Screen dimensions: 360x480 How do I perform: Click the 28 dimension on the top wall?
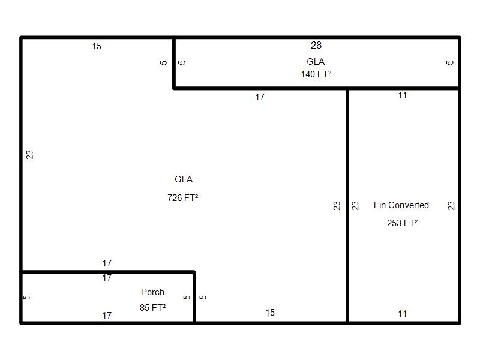[x=316, y=46]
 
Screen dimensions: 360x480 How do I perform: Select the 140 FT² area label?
[x=316, y=74]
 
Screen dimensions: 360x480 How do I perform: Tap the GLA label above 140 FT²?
[x=316, y=62]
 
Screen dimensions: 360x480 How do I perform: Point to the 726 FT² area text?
[x=183, y=197]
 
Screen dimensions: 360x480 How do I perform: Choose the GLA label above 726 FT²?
[x=184, y=179]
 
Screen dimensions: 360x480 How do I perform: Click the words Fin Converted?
[x=401, y=205]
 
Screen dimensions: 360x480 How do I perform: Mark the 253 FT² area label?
[x=403, y=223]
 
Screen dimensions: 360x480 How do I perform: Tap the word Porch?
[x=152, y=292]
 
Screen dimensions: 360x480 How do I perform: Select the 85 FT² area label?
[x=152, y=307]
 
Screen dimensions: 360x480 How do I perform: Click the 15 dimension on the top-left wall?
[x=97, y=46]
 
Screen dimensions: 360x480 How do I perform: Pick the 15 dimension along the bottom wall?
[x=270, y=313]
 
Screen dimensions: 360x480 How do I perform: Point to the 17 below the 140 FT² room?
[x=260, y=97]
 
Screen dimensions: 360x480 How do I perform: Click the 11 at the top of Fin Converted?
[x=403, y=95]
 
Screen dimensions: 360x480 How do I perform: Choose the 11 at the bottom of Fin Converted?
[x=403, y=314]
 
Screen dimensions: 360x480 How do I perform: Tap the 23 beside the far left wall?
[x=29, y=154]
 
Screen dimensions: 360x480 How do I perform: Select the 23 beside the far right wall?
[x=451, y=205]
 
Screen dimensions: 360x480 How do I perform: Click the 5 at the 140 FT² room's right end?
[x=451, y=62]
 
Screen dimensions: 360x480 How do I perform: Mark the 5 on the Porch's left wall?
[x=27, y=297]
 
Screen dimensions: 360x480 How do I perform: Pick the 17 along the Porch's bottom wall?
[x=107, y=315]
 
